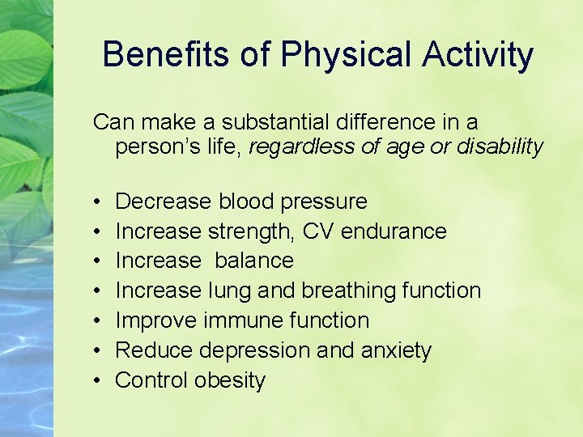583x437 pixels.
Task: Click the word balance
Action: (253, 261)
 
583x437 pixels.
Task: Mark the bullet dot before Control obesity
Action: (96, 381)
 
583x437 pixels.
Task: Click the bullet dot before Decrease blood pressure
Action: (96, 202)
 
